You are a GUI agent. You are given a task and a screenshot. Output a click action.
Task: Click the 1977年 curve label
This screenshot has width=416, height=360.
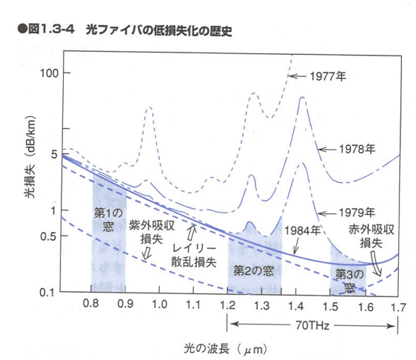point(328,76)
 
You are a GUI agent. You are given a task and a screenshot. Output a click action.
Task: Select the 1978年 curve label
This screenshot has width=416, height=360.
point(357,149)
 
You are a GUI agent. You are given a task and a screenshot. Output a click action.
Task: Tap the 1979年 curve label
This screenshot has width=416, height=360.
point(357,213)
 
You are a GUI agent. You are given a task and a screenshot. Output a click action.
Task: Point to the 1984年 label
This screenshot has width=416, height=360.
point(303,230)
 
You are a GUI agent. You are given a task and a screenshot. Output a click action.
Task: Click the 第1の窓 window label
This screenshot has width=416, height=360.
point(109,220)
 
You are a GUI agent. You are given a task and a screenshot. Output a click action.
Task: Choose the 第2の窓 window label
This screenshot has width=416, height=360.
point(253,271)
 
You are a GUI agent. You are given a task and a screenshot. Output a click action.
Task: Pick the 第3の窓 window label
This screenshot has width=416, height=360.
point(349,281)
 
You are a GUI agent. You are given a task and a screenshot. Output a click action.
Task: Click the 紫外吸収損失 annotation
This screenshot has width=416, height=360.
point(152,233)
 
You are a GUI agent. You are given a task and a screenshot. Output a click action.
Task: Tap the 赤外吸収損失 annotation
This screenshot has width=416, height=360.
point(371,236)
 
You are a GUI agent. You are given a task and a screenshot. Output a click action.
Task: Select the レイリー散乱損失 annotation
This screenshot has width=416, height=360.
point(194,256)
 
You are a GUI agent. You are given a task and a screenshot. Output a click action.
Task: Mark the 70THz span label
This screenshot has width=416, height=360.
point(312,325)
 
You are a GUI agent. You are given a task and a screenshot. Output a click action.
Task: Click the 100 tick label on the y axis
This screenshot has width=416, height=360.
point(49,73)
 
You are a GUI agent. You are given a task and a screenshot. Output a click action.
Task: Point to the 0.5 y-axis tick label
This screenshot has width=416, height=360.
point(48,236)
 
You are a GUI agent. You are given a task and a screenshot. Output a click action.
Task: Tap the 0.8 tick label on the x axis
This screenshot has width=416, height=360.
point(91,304)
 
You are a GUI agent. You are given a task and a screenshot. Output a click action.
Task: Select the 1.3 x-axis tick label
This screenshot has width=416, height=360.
point(261,306)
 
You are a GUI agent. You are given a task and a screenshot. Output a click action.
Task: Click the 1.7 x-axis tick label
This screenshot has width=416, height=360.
point(398,307)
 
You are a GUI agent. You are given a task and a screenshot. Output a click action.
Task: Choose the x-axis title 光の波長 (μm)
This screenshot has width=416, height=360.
point(225,349)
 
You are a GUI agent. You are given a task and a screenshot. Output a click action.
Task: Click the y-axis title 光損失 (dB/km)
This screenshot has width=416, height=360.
point(30,156)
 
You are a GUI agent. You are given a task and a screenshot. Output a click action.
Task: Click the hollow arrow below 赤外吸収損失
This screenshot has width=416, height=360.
point(377,264)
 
